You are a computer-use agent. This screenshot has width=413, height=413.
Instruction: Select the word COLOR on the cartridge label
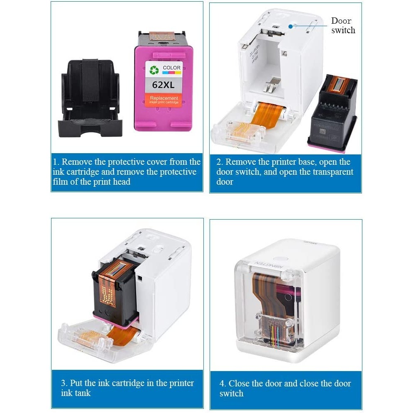[x=171, y=67]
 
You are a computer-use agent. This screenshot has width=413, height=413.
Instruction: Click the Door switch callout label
[x=342, y=25]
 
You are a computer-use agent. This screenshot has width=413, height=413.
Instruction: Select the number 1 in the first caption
[x=56, y=162]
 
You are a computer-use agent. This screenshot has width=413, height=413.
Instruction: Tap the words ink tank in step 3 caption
[x=76, y=393]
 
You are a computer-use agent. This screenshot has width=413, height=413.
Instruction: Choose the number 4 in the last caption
[x=222, y=384]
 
